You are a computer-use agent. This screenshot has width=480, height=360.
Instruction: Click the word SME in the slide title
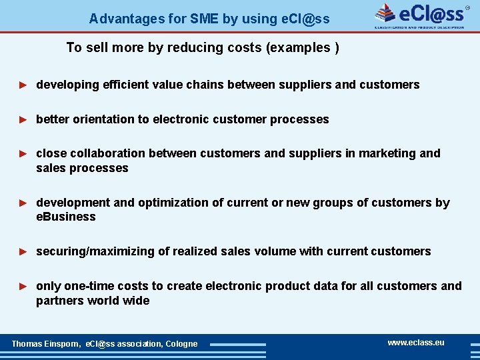point(204,19)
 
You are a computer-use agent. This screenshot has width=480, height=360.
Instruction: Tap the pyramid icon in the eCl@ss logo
point(385,13)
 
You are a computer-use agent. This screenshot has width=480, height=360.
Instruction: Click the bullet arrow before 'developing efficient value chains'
point(23,85)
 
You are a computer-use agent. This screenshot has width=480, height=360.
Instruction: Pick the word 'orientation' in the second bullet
point(103,119)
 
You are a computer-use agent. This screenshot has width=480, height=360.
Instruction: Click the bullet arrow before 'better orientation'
point(23,120)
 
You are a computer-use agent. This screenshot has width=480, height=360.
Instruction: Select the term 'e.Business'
point(66,217)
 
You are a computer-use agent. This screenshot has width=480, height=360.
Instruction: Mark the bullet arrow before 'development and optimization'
point(23,203)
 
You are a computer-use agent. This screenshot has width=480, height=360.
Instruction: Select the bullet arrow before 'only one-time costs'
point(23,287)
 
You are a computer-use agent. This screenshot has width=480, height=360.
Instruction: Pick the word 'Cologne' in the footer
point(181,344)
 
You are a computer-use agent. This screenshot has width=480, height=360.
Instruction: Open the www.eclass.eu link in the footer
point(415,343)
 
